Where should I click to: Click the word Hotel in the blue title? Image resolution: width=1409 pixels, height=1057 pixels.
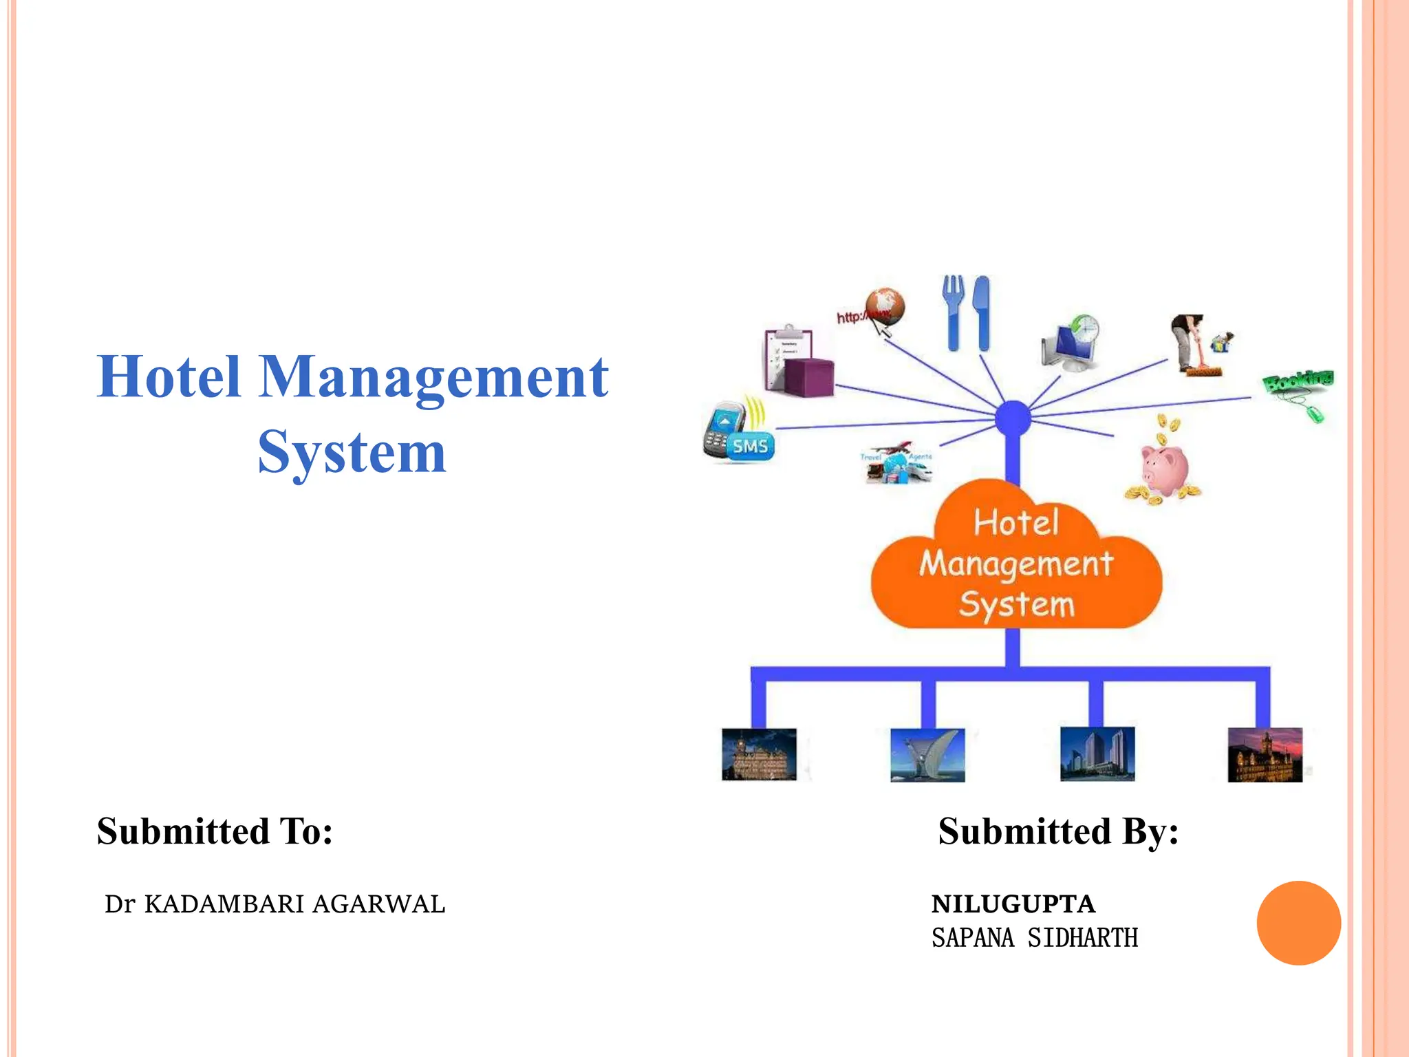(169, 377)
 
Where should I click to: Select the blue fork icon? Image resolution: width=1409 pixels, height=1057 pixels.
(953, 313)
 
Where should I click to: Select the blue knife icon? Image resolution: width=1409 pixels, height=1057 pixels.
(982, 313)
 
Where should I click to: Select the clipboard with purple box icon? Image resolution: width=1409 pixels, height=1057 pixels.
(798, 361)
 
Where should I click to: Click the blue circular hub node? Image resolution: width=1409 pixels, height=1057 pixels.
(1013, 418)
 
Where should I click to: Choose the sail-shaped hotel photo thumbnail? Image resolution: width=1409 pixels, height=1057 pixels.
(927, 755)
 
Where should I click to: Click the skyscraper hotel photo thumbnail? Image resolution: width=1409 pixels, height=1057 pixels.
(1097, 755)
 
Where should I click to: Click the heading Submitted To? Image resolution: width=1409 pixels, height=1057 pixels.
(215, 831)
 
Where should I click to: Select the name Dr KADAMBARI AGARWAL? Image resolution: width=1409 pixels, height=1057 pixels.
(275, 904)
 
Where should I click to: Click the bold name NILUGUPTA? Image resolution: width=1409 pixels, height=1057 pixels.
(1013, 904)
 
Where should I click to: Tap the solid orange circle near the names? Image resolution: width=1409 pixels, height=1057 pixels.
(1298, 923)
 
